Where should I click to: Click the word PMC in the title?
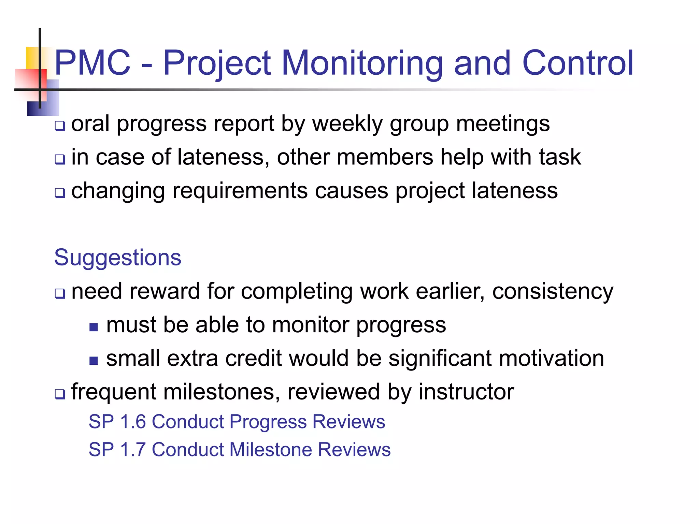[x=92, y=63]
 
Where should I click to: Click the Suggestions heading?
[x=117, y=258]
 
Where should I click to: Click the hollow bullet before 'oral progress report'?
[x=60, y=126]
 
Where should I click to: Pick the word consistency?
[x=553, y=292]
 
